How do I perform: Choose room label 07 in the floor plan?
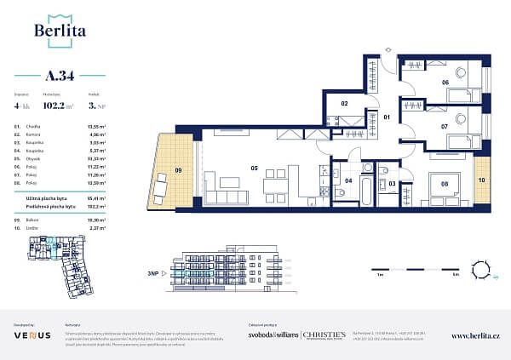point(444,126)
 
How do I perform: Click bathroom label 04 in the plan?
point(348,181)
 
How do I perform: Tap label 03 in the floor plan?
point(392,183)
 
